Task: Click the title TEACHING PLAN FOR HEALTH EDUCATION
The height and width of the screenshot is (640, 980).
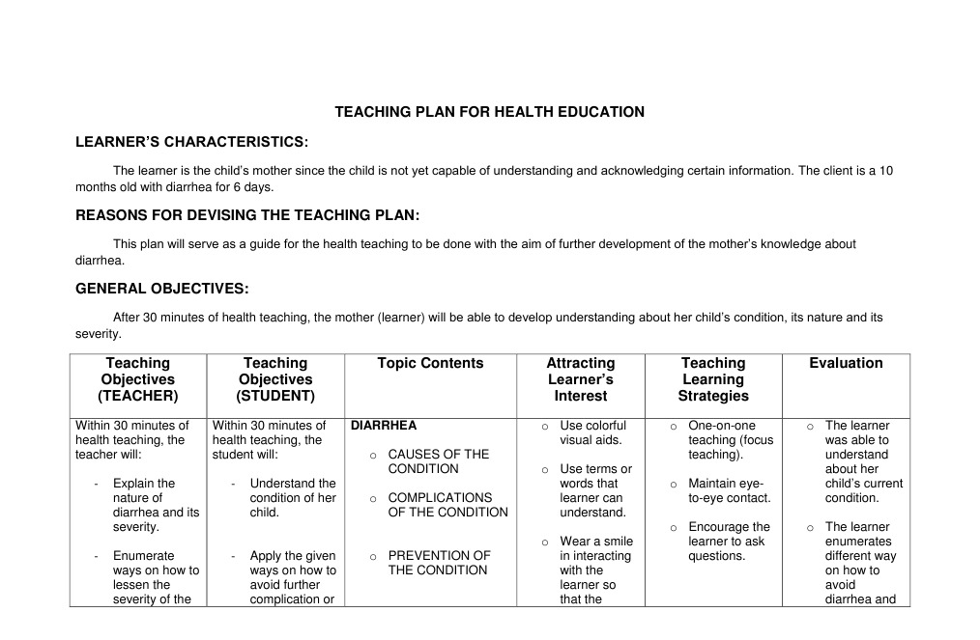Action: click(489, 112)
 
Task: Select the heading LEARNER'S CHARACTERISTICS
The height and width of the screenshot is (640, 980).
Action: click(191, 143)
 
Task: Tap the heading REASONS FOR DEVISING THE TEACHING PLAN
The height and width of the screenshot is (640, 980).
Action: click(247, 215)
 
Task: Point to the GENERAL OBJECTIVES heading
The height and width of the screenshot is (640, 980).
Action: click(161, 289)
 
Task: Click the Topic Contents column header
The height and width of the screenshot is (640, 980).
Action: click(430, 364)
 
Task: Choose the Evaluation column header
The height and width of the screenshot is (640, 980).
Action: click(846, 364)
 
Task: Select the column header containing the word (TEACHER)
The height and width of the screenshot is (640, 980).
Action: click(138, 379)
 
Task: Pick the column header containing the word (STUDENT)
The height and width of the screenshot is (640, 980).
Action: click(275, 379)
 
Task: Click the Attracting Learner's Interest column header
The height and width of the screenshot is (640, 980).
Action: click(580, 379)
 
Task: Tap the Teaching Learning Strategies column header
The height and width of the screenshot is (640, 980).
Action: click(712, 379)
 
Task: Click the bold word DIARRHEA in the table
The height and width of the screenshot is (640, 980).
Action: click(384, 426)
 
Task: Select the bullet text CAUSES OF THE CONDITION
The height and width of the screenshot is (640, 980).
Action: click(438, 461)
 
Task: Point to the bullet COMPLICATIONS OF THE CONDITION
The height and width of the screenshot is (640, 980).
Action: click(447, 505)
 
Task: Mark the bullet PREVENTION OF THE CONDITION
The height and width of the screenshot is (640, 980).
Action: click(438, 563)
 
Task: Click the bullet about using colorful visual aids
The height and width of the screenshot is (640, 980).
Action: click(592, 432)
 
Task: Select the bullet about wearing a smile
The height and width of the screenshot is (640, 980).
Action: click(595, 570)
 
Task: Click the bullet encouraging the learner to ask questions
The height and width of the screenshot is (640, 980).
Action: click(729, 541)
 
